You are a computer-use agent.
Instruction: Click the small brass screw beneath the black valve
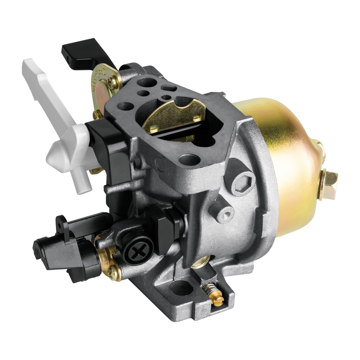coord(113,271)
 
